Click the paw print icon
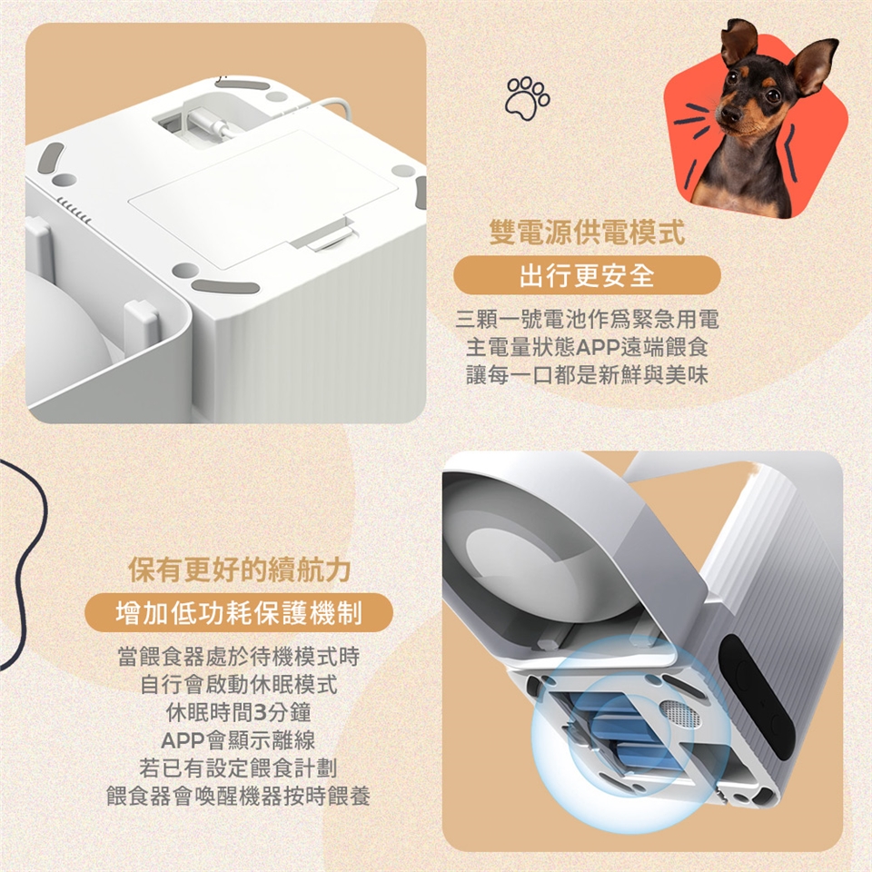click(527, 99)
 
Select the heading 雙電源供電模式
click(587, 232)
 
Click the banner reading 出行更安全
click(588, 274)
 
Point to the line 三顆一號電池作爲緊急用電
click(588, 319)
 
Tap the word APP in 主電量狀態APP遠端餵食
click(598, 348)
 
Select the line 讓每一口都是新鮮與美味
click(588, 375)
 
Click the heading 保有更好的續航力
click(240, 570)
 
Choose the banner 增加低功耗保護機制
click(239, 613)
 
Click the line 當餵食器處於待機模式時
click(239, 657)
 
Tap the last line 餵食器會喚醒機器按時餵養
click(239, 797)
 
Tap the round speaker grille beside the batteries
click(679, 712)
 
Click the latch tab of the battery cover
click(326, 237)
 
